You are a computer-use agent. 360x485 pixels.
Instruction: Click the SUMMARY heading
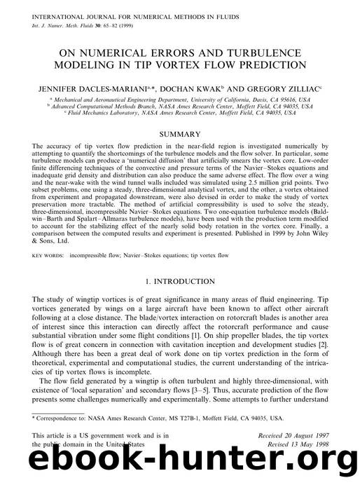(179, 132)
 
